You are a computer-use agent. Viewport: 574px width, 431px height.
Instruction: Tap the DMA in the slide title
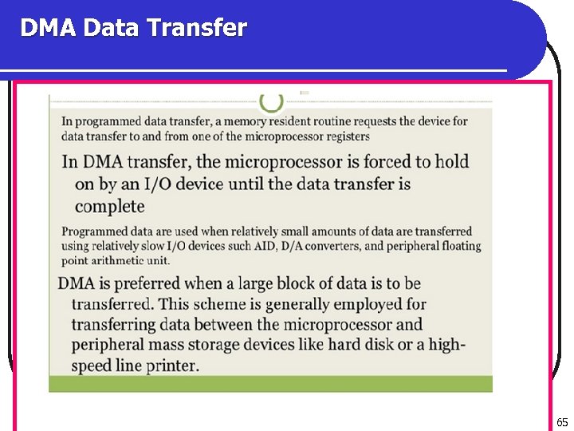click(x=49, y=29)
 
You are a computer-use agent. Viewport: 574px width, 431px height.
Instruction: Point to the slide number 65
click(x=562, y=422)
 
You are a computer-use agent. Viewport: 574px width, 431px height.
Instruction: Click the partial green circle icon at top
click(x=271, y=101)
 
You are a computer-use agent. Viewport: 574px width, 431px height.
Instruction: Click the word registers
click(x=344, y=136)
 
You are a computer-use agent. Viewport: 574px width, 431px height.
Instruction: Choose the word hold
click(x=452, y=162)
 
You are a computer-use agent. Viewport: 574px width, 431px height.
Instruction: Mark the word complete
click(x=109, y=207)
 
